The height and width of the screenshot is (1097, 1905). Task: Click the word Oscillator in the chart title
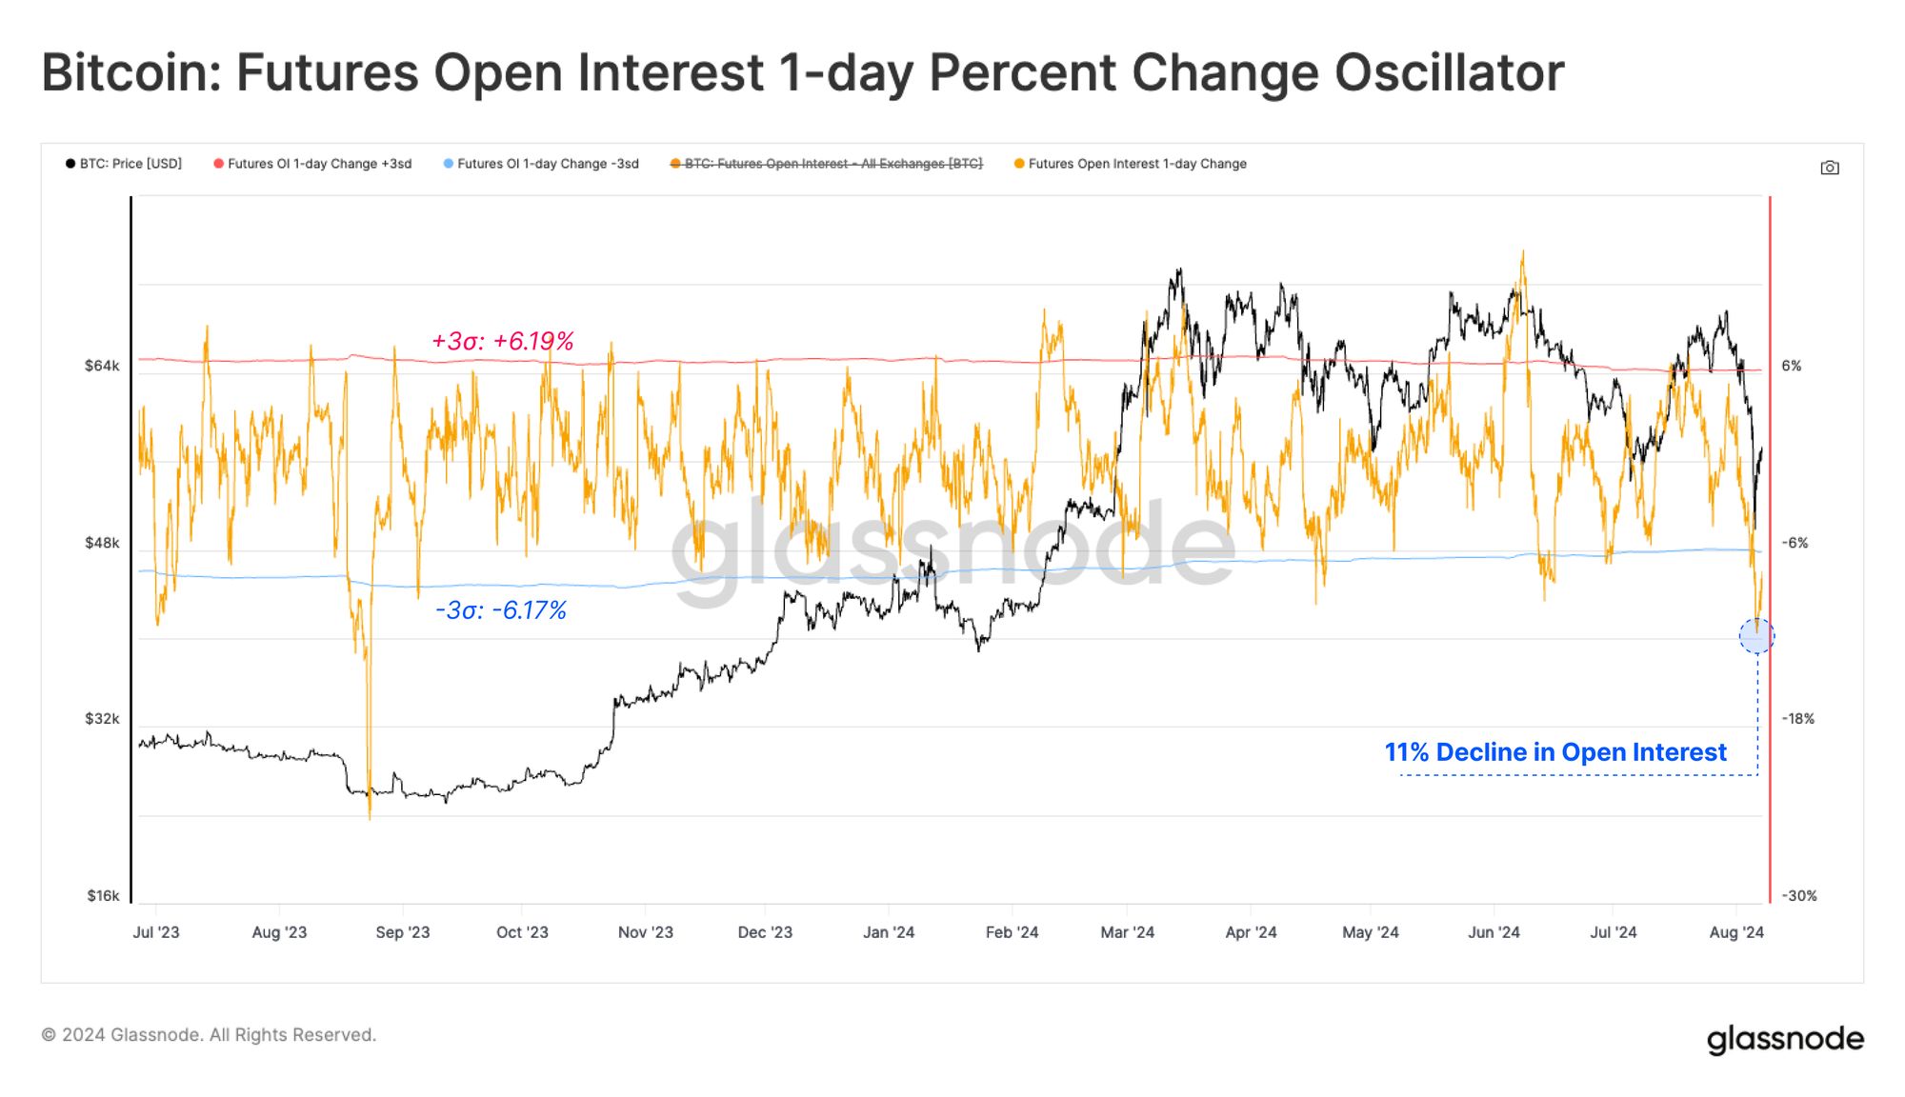coord(1448,73)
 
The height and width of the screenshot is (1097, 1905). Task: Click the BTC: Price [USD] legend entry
coord(124,164)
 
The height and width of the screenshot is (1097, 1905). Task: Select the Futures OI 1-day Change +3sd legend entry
coord(313,164)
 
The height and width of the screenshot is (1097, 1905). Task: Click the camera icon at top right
coord(1830,169)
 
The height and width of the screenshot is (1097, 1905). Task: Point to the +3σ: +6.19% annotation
coord(503,341)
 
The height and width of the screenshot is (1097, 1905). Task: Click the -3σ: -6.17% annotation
coord(501,610)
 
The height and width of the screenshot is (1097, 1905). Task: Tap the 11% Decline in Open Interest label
coord(1554,752)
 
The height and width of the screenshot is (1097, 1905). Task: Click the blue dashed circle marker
coord(1756,636)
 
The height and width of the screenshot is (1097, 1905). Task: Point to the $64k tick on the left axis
coord(102,366)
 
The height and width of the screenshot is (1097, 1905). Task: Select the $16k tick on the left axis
coord(103,896)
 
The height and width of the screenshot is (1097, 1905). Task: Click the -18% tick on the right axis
coord(1797,719)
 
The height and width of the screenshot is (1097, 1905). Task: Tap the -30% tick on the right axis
coord(1798,896)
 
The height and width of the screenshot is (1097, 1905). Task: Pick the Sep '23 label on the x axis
coord(402,932)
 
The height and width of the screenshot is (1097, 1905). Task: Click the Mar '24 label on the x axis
coord(1127,932)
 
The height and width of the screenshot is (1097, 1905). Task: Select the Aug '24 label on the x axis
coord(1735,932)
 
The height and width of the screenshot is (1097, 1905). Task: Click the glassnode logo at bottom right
coord(1784,1039)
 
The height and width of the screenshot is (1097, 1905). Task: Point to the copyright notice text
coord(209,1035)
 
